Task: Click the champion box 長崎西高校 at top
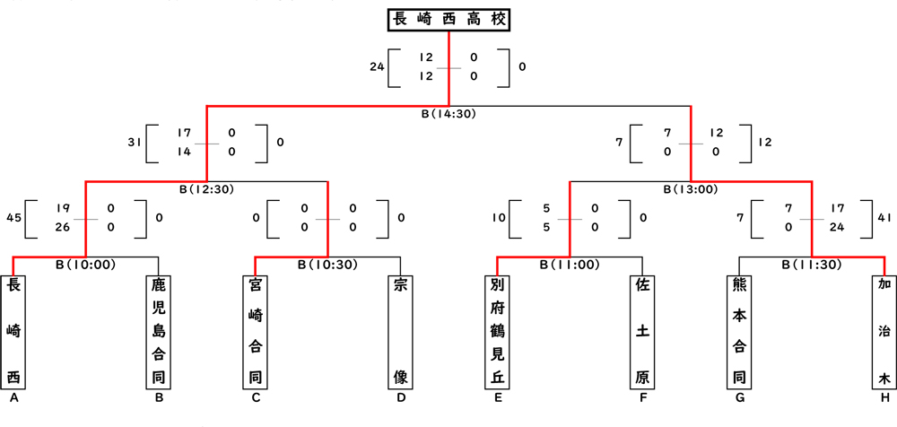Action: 448,19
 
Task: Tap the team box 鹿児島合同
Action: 159,331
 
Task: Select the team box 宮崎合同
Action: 256,331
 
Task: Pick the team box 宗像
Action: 401,331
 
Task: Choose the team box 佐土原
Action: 642,331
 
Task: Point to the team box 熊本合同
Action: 739,331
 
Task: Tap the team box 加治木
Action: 884,331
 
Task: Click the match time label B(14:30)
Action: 448,115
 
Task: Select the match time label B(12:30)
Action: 207,189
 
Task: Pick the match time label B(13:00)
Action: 691,189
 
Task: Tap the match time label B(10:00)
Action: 86,265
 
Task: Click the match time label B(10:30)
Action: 327,265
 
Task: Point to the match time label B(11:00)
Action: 570,265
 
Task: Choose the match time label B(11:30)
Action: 811,265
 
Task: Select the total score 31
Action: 135,142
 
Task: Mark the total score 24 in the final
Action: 376,66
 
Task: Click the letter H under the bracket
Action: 884,397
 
